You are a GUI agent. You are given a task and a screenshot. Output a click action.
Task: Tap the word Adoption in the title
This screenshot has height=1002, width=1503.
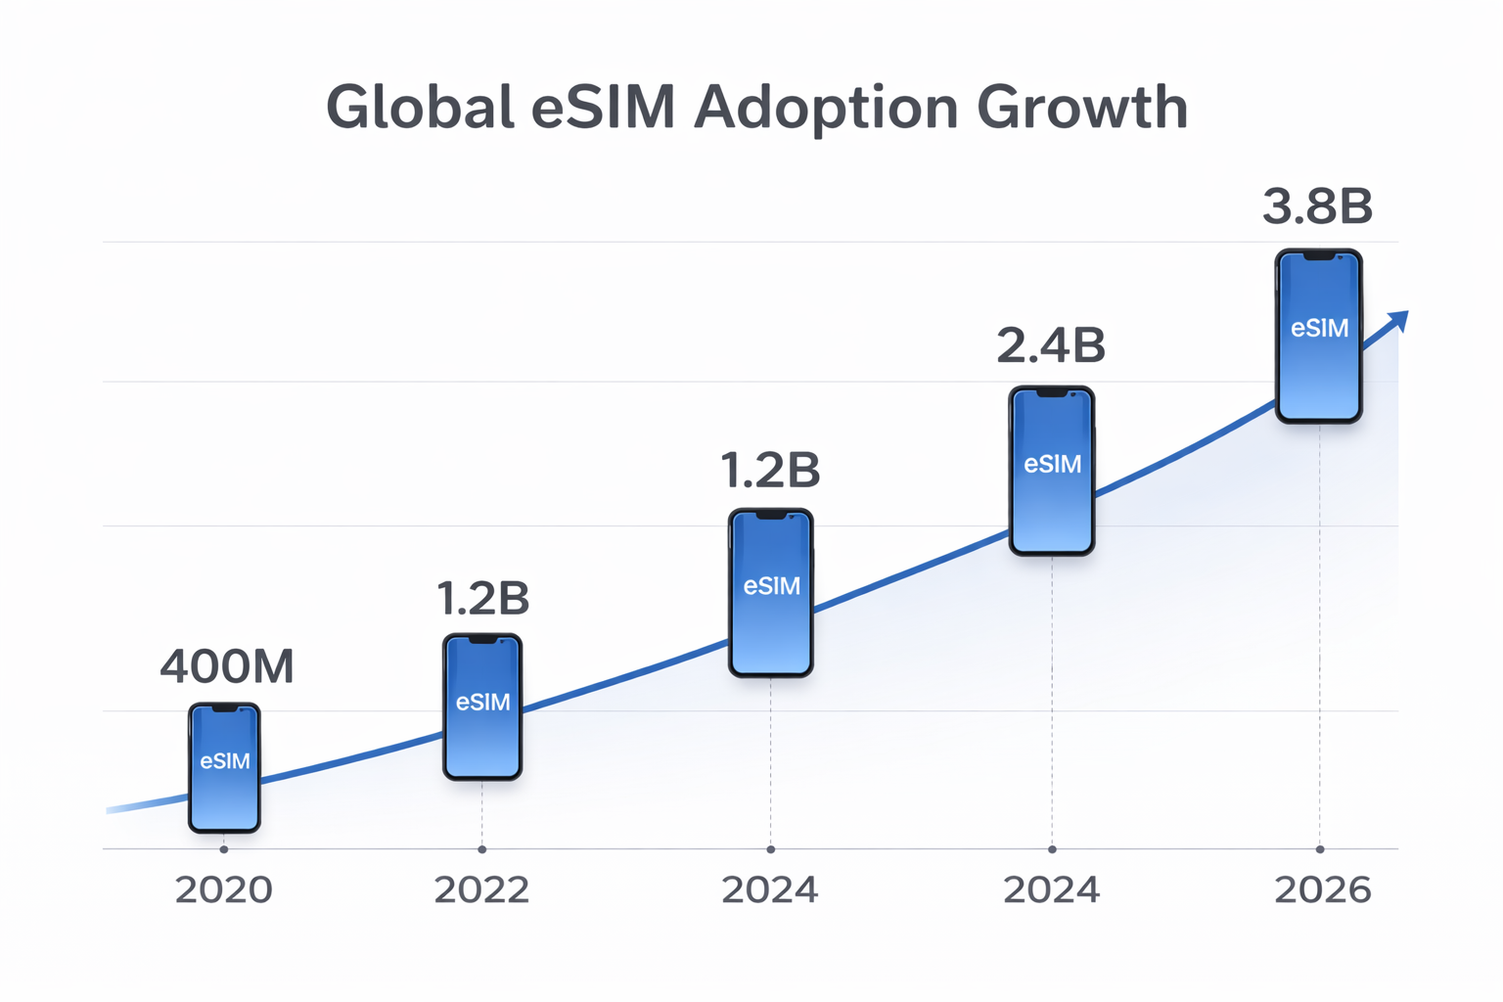pyautogui.click(x=826, y=108)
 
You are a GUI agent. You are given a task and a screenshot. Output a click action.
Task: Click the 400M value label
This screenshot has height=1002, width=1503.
pyautogui.click(x=227, y=667)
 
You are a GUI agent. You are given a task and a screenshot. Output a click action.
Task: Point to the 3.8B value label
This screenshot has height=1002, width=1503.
pyautogui.click(x=1317, y=206)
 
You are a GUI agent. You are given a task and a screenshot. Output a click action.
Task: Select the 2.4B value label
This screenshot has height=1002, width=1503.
pyautogui.click(x=1051, y=345)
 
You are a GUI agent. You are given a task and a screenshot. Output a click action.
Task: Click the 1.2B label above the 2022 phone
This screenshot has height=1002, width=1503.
pyautogui.click(x=482, y=598)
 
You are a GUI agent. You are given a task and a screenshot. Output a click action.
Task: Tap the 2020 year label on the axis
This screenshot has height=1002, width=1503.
pyautogui.click(x=224, y=890)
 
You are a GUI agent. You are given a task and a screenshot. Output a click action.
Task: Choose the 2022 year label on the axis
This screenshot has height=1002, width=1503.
pyautogui.click(x=481, y=890)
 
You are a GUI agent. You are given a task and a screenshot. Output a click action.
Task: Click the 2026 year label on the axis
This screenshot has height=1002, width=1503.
pyautogui.click(x=1322, y=890)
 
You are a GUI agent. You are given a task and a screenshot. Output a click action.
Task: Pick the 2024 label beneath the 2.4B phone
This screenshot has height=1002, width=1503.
pyautogui.click(x=1052, y=890)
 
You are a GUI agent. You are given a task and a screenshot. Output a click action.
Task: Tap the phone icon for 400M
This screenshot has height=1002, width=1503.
pyautogui.click(x=224, y=768)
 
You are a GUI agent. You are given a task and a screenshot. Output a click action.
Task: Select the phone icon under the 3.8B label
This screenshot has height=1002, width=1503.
pyautogui.click(x=1318, y=336)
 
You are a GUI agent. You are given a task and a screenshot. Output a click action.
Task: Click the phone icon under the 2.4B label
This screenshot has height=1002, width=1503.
pyautogui.click(x=1052, y=471)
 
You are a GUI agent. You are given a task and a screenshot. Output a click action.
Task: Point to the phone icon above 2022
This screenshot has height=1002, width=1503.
pyautogui.click(x=482, y=706)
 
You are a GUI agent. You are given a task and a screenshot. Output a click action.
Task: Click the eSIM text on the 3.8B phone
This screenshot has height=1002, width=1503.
pyautogui.click(x=1319, y=329)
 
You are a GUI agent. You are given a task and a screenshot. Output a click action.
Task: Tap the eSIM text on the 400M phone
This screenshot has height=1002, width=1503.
pyautogui.click(x=225, y=761)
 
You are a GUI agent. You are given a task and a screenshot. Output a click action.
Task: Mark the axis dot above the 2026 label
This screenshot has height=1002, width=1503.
pyautogui.click(x=1320, y=848)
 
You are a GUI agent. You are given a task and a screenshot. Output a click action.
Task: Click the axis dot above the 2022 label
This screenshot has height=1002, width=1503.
pyautogui.click(x=481, y=848)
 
